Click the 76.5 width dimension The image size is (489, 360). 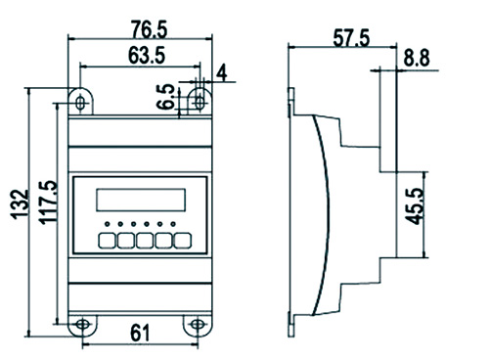click(150, 29)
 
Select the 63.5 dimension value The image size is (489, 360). click(147, 55)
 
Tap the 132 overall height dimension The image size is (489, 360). click(21, 203)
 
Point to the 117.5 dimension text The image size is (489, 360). click(49, 202)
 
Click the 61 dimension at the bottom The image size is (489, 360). click(140, 333)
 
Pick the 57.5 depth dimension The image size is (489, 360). click(351, 38)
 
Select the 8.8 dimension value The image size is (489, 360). click(417, 58)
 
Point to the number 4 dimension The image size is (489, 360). click(222, 72)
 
